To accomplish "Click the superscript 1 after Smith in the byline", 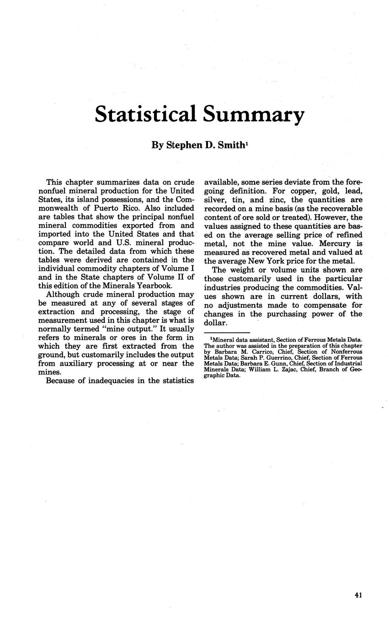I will (x=247, y=143).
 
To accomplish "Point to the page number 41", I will (x=358, y=595).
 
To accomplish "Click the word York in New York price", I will (x=288, y=261).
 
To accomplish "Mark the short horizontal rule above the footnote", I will (x=227, y=332).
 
